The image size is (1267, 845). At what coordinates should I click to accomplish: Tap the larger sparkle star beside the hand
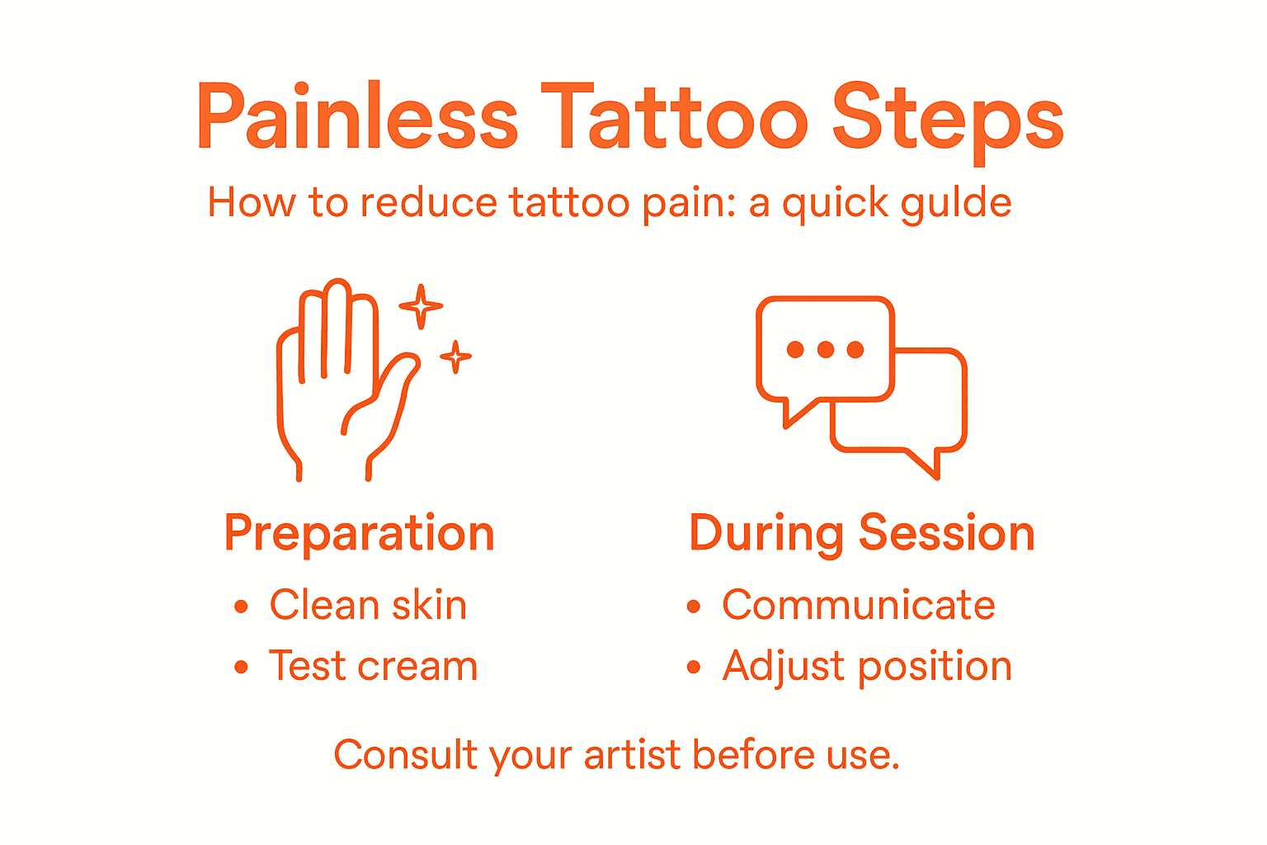[x=421, y=306]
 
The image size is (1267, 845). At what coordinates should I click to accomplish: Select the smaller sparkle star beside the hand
[x=455, y=356]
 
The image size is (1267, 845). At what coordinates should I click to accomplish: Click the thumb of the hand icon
[x=388, y=396]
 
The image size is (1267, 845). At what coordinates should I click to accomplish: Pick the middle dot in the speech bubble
[x=825, y=350]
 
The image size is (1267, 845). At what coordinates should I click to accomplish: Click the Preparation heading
[x=359, y=534]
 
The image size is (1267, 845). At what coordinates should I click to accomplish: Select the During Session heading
[x=861, y=534]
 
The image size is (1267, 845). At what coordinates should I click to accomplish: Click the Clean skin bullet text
[x=368, y=606]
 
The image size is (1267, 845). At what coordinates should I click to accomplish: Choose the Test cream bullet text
[x=373, y=667]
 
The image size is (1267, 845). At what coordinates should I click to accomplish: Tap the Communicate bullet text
[x=859, y=606]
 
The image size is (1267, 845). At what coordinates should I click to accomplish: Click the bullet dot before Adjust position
[x=694, y=668]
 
